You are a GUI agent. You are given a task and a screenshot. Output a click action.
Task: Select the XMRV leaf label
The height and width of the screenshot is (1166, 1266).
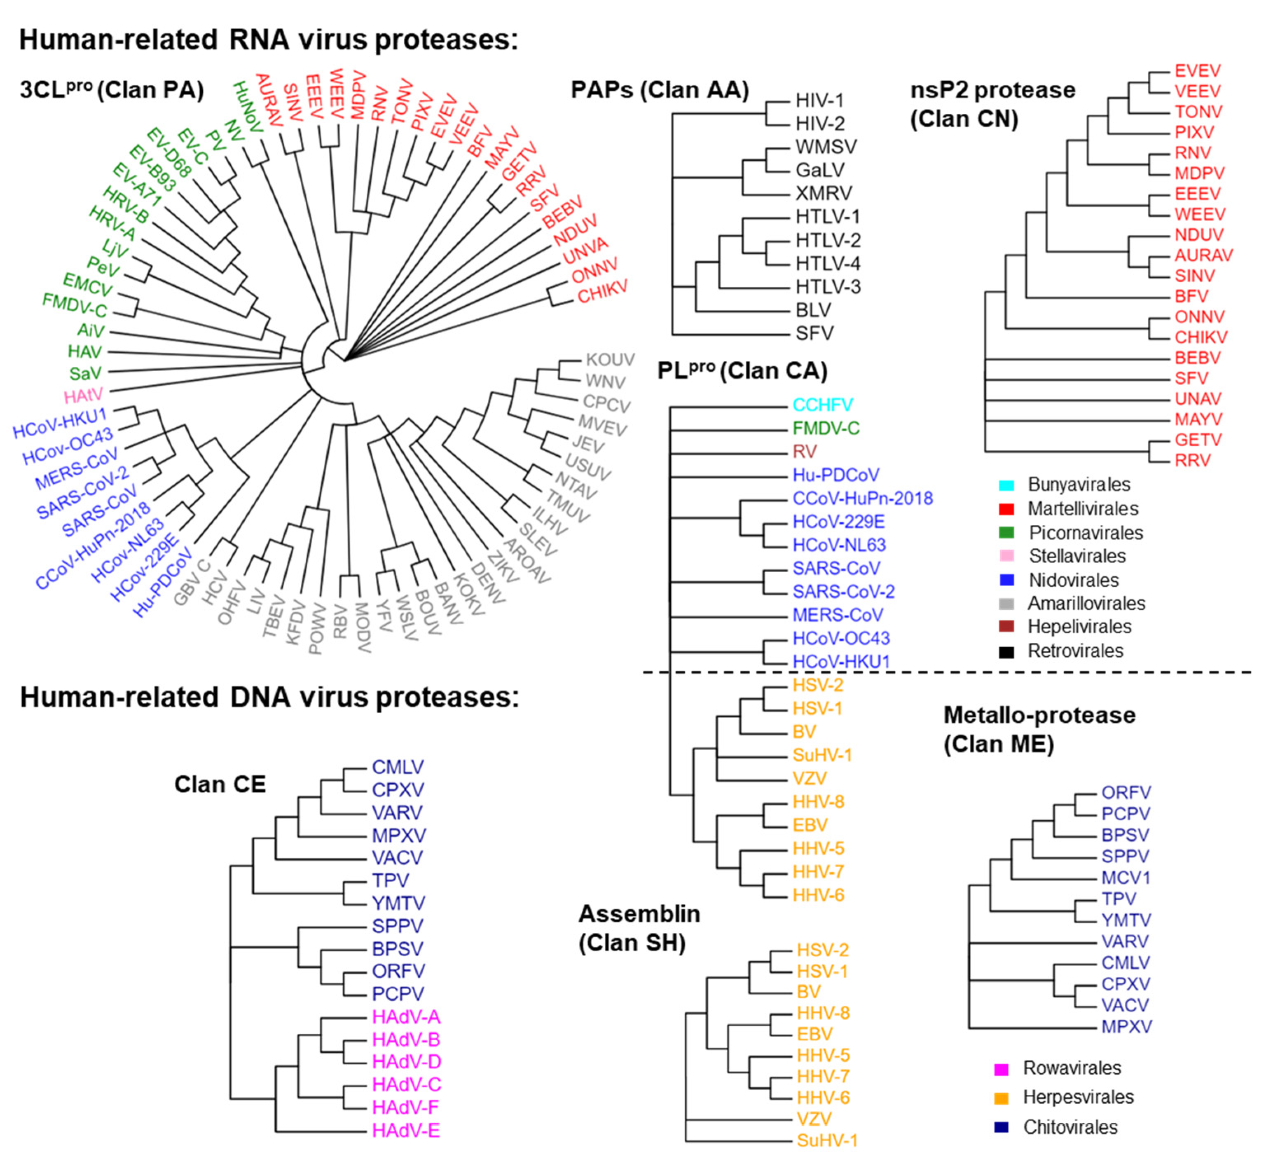[x=823, y=193]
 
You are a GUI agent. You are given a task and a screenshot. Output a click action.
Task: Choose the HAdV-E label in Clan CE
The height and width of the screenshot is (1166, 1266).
[x=406, y=1130]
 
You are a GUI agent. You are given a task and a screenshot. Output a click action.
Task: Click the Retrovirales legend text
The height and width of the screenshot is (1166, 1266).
[x=1076, y=651]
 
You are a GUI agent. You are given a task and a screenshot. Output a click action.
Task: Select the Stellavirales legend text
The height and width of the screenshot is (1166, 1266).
[x=1077, y=556]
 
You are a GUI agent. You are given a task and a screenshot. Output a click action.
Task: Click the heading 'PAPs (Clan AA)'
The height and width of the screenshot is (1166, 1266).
[x=659, y=90]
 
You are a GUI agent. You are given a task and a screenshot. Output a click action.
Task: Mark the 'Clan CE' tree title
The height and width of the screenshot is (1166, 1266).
[x=220, y=784]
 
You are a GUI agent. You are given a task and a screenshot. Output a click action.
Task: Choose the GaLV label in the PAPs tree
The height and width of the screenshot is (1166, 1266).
[x=819, y=170]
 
